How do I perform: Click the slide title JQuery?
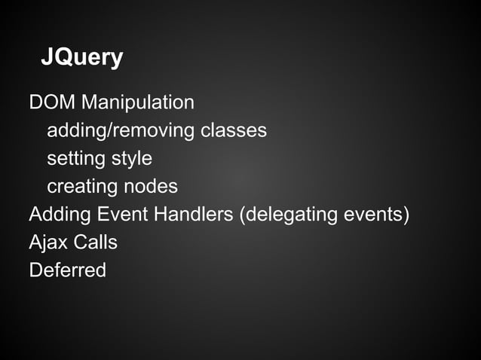click(82, 58)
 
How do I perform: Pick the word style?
click(132, 159)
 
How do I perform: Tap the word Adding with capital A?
click(60, 215)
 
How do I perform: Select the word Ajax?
click(47, 243)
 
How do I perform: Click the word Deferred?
click(67, 270)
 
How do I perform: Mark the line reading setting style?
click(100, 159)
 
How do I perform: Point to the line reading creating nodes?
click(112, 186)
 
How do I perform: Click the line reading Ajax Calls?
click(73, 243)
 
